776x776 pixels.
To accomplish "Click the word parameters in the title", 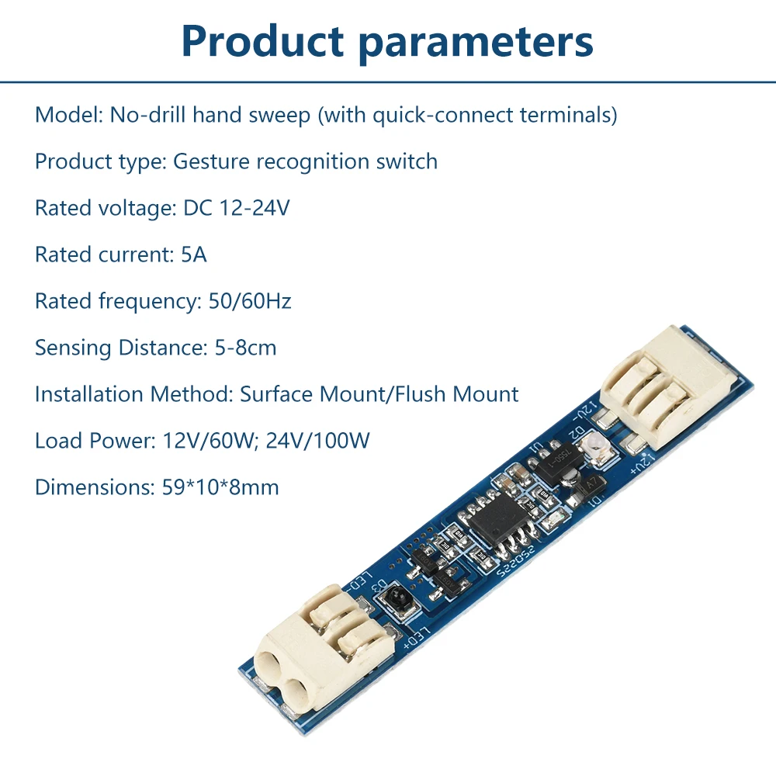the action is coord(476,43).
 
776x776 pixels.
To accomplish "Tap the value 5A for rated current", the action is coord(194,255).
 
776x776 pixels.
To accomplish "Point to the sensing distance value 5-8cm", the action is coord(245,348).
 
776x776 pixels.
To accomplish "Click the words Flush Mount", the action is coord(457,394).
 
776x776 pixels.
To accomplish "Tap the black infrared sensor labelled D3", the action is coord(398,597).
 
